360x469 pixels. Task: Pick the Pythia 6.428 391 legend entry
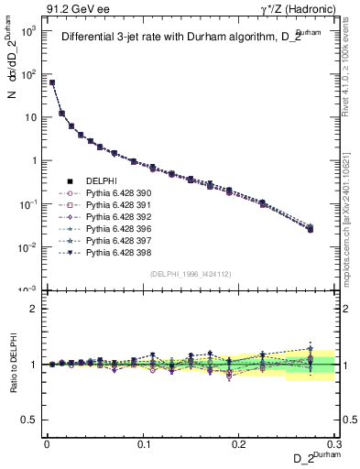(115, 205)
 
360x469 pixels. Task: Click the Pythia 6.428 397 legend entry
(115, 239)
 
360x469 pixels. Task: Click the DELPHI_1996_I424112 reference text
(191, 272)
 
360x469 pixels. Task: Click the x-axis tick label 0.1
(143, 443)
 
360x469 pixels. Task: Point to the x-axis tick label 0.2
(240, 443)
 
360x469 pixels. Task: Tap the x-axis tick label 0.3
(335, 443)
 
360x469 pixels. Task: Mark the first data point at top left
(52, 82)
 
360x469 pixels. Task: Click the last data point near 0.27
(310, 228)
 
